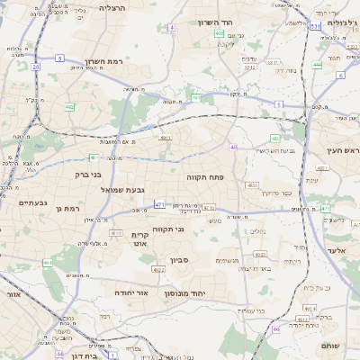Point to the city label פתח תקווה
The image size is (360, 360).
pos(210,177)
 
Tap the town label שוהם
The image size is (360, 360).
pos(329,345)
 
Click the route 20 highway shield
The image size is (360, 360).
pos(35,67)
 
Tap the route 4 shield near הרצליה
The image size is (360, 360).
pos(171,28)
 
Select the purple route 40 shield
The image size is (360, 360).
pos(233,148)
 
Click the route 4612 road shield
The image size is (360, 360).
pos(116,233)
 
